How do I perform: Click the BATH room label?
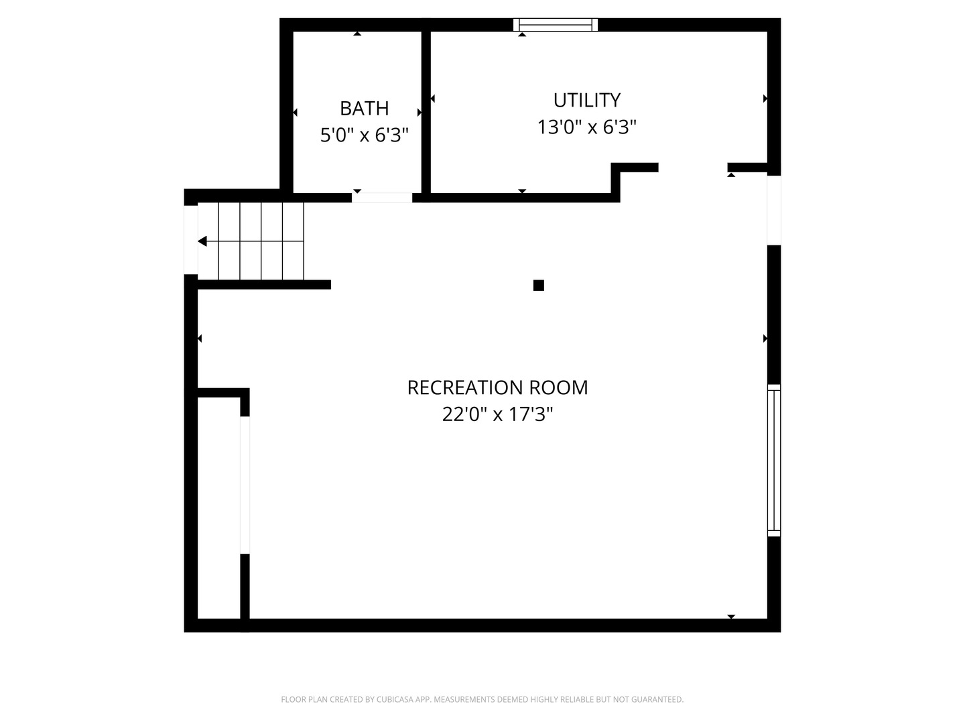click(x=364, y=108)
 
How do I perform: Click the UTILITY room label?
click(x=586, y=101)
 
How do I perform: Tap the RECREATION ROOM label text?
click(x=497, y=387)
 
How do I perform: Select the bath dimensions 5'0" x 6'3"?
click(x=364, y=135)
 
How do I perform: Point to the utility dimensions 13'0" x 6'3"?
click(x=586, y=127)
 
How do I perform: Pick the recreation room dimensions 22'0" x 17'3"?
click(x=497, y=414)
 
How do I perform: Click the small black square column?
click(x=538, y=286)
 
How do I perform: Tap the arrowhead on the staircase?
click(x=202, y=241)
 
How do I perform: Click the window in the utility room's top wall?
click(x=556, y=25)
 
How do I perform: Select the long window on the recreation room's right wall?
click(x=774, y=461)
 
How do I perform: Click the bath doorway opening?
click(x=381, y=198)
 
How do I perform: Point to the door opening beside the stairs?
click(x=190, y=240)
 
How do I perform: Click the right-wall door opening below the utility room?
click(x=774, y=210)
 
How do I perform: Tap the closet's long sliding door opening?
click(x=245, y=485)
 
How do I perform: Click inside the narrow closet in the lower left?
click(x=218, y=507)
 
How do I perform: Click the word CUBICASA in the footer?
click(x=395, y=699)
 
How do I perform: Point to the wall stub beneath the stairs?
click(x=264, y=284)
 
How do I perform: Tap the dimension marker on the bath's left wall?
click(x=295, y=113)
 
